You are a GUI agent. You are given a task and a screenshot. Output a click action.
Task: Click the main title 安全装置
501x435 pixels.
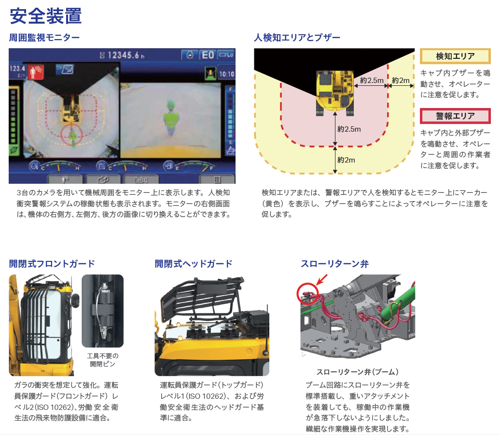coord(46,16)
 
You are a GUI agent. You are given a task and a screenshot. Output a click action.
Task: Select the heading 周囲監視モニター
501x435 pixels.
coord(44,38)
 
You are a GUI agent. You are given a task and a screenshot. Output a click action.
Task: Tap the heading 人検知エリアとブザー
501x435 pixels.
coord(297,38)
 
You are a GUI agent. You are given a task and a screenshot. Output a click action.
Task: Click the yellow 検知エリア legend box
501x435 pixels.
coord(455,56)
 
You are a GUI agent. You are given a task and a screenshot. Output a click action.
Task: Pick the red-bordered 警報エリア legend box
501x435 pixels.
coord(455,116)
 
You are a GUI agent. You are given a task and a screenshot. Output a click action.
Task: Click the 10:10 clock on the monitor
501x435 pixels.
coord(226,74)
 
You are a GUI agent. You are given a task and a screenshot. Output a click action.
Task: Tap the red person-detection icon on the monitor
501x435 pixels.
coord(36,71)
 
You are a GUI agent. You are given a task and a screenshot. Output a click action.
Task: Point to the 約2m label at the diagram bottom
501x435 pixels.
coord(346,160)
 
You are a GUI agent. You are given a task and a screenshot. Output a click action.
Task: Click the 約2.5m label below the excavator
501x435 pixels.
coord(349,129)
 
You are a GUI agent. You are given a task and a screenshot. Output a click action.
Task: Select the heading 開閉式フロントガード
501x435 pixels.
coord(52,264)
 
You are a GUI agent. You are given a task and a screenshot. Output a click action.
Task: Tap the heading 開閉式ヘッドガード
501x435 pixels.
coord(194,264)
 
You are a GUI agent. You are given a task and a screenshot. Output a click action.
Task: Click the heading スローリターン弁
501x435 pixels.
coord(334,264)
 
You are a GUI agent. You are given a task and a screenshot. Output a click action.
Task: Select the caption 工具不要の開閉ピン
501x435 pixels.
coord(102,360)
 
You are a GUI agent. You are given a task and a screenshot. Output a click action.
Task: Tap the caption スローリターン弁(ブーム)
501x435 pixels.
coord(357,372)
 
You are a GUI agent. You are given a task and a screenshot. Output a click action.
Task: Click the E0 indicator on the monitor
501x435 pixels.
coord(208,55)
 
